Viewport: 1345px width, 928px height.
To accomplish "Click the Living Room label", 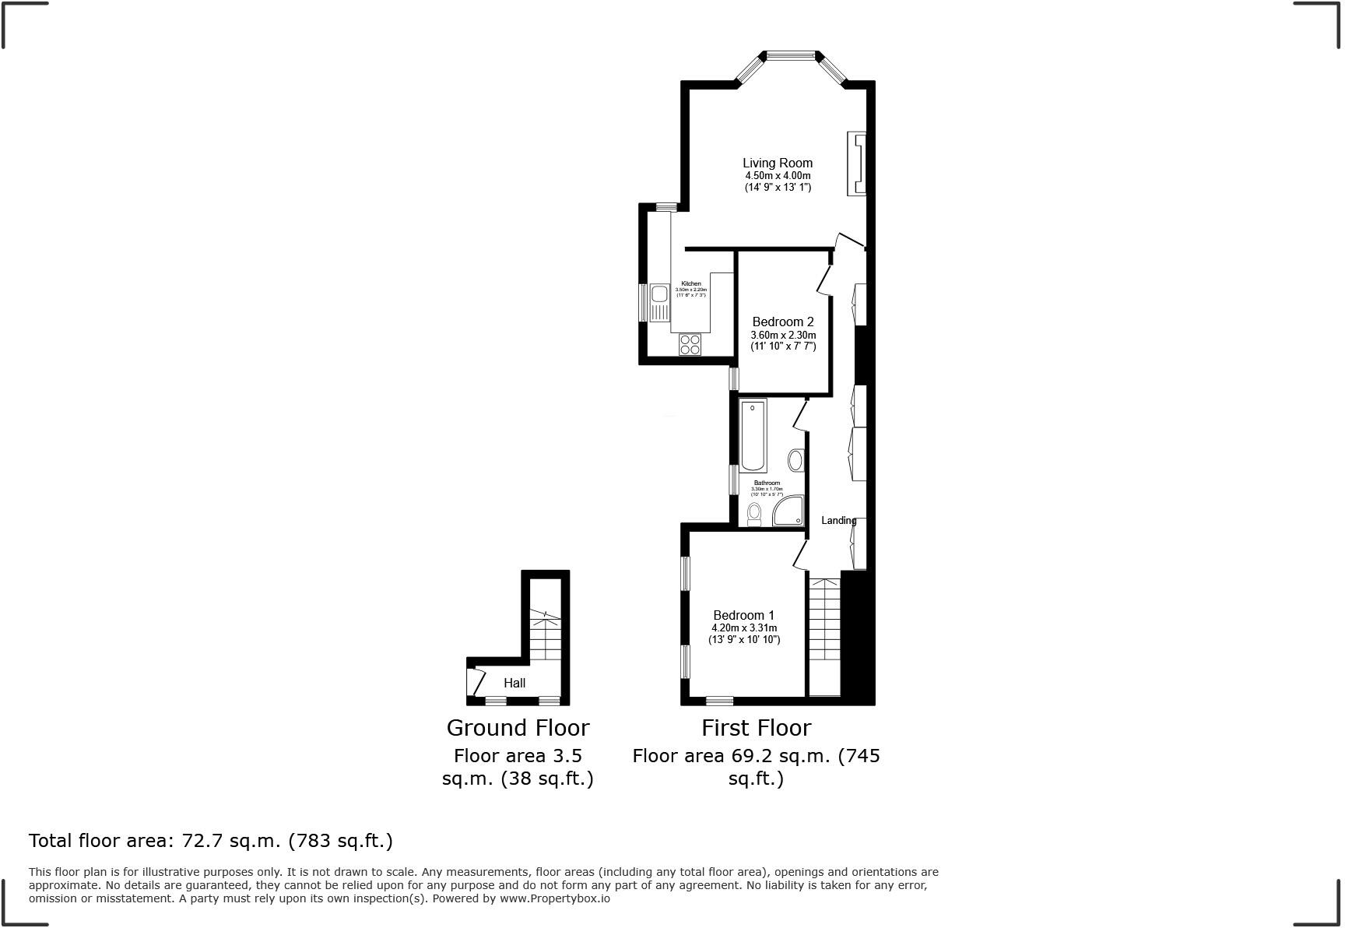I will point(777,163).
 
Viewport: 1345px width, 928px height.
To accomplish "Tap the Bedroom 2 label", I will point(782,322).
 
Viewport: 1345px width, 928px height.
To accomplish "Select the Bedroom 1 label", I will point(743,615).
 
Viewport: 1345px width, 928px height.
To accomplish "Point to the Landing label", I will point(838,520).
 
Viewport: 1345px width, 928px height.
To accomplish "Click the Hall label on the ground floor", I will point(514,683).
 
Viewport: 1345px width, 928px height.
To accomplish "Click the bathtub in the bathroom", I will point(753,435).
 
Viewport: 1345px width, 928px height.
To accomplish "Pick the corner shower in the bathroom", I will point(788,511).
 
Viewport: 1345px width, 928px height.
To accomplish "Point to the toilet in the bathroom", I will point(753,513).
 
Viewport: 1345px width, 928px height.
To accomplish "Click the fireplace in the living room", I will point(857,163).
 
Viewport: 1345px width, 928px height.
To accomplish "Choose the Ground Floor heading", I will point(518,727).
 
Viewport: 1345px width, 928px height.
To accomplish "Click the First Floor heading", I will point(756,727).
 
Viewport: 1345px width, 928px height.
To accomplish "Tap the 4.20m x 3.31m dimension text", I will point(743,627).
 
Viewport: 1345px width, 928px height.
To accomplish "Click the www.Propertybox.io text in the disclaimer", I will point(554,898).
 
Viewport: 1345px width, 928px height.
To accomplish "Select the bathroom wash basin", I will point(795,460).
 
